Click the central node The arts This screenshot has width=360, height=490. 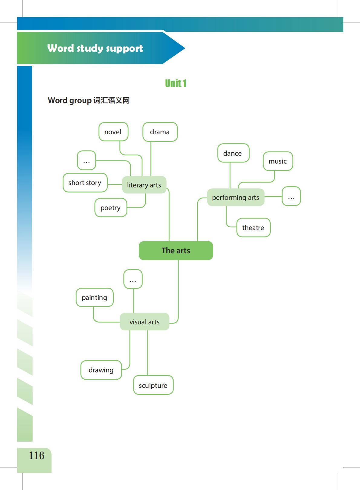176,251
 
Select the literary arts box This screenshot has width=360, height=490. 144,185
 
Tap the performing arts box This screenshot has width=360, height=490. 235,197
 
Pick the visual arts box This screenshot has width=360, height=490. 144,322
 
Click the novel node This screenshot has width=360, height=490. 113,132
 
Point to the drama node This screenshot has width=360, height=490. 160,132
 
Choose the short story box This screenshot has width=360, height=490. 85,183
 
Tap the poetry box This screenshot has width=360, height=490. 110,208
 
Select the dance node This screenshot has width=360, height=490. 233,153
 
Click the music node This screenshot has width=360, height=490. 278,161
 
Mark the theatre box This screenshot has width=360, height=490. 253,228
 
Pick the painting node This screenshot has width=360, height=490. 94,297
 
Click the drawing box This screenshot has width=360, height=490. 101,370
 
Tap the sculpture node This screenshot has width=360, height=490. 153,385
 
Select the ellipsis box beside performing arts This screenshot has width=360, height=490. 291,196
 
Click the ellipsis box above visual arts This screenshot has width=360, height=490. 133,279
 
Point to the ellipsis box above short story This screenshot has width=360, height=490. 87,161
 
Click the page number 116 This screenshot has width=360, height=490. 36,456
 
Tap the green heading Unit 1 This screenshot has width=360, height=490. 176,83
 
